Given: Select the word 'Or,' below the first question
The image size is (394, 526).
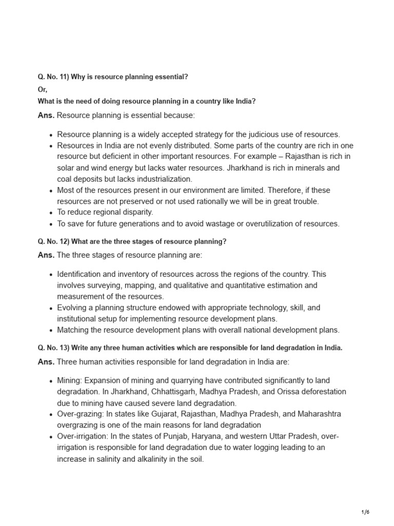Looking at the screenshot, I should pyautogui.click(x=43, y=89).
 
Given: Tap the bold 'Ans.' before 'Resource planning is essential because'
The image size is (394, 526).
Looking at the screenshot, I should pyautogui.click(x=46, y=115).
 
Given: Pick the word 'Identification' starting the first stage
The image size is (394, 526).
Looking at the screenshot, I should pyautogui.click(x=80, y=274).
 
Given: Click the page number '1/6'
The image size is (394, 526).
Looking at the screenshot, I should pyautogui.click(x=365, y=512).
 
